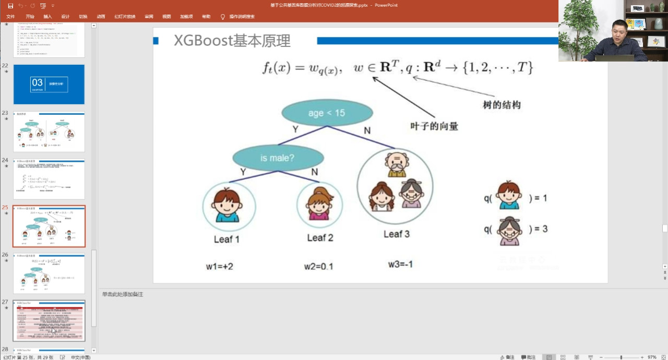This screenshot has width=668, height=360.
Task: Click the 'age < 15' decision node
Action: click(327, 113)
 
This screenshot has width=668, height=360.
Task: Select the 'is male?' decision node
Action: click(278, 158)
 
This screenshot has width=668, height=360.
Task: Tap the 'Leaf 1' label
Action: click(226, 239)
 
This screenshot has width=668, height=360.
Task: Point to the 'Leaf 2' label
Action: click(320, 238)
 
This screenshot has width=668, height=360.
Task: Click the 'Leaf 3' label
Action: click(397, 234)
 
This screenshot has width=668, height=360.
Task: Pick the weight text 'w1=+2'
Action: click(219, 267)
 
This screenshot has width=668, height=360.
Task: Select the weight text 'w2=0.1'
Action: click(318, 267)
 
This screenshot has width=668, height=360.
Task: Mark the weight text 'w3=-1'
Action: click(400, 264)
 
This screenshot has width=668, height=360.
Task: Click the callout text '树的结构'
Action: click(502, 105)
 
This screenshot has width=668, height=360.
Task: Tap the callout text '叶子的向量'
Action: click(434, 126)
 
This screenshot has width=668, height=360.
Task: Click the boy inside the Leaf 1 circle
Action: click(227, 205)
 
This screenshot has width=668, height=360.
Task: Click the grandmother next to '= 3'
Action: click(509, 230)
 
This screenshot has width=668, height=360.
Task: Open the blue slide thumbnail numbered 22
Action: click(49, 84)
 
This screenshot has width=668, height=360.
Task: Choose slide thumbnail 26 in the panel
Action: click(49, 274)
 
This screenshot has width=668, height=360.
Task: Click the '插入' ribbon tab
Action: click(47, 17)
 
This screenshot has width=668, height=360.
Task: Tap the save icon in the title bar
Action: click(10, 5)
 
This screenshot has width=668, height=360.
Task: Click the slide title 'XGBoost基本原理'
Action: click(232, 41)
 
